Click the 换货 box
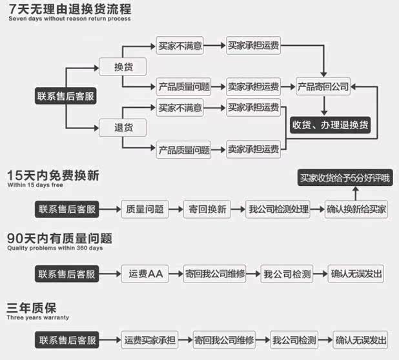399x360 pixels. click(x=122, y=67)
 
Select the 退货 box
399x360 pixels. click(x=122, y=128)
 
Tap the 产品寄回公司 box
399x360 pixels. click(x=323, y=86)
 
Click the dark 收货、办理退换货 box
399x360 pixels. click(x=330, y=125)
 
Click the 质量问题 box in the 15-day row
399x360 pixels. click(x=145, y=209)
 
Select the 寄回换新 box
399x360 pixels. click(x=207, y=209)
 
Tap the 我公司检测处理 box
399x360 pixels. click(x=279, y=209)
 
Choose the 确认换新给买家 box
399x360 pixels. click(x=356, y=209)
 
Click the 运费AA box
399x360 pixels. click(x=146, y=274)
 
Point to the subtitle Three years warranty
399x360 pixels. click(x=38, y=318)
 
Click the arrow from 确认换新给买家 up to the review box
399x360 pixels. click(x=356, y=193)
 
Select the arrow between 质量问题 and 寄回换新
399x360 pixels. click(x=176, y=209)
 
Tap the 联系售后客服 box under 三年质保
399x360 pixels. click(x=67, y=339)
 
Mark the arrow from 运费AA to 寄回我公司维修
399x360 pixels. click(x=176, y=274)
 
